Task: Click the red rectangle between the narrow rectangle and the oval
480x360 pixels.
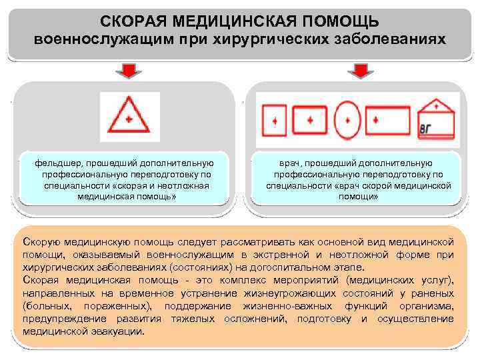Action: (x=309, y=120)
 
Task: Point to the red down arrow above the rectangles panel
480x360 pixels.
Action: (x=358, y=70)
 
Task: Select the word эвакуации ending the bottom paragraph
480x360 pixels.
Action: (x=120, y=331)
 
